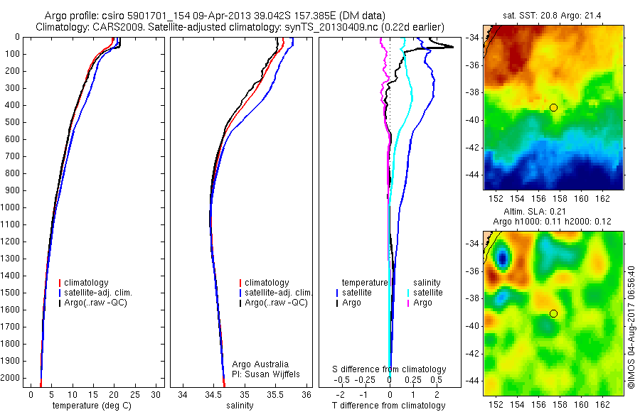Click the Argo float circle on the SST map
coord(553,107)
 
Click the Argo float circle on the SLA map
coord(553,313)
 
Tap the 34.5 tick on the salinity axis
coord(213,394)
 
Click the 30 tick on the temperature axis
coord(156,394)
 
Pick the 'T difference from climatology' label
coord(389,406)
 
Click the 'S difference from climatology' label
coord(389,369)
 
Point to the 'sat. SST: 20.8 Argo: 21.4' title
coord(553,15)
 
